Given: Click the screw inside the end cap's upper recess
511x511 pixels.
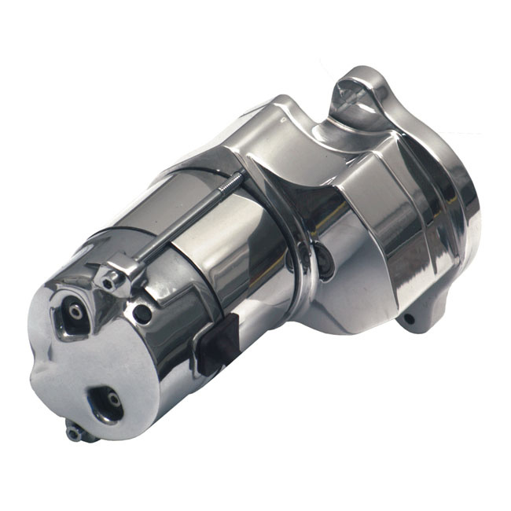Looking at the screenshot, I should (x=75, y=311).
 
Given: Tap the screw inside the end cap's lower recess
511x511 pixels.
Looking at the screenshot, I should (x=115, y=400).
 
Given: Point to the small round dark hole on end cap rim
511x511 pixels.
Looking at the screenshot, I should (x=142, y=314).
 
